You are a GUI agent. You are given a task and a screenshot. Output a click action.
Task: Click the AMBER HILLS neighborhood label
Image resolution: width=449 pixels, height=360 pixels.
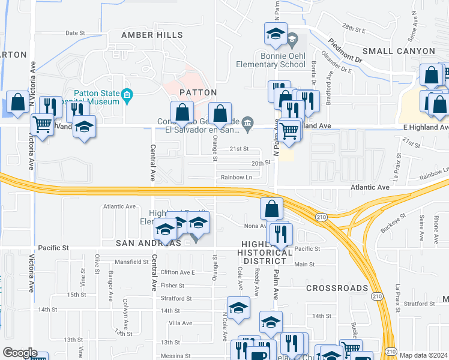(x=152, y=35)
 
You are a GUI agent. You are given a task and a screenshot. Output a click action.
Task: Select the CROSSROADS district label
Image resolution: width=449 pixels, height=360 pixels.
(x=337, y=288)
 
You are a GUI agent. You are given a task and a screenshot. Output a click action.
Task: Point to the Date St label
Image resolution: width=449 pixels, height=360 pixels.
(x=76, y=33)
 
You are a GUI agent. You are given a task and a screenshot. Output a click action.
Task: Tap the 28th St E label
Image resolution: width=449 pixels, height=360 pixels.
(x=354, y=28)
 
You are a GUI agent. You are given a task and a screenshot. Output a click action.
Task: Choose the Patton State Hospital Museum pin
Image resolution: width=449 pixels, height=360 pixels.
(x=127, y=95)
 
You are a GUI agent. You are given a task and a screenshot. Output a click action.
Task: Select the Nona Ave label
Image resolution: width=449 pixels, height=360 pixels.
(x=255, y=226)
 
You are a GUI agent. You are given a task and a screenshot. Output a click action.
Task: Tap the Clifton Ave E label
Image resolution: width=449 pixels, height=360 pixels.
(x=178, y=272)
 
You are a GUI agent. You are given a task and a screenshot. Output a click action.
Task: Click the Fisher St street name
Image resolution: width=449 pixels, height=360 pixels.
(x=172, y=286)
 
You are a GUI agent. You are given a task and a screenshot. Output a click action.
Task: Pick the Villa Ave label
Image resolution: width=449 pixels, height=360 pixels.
(x=181, y=323)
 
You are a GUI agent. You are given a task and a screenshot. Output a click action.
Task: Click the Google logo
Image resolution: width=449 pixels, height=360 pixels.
(x=20, y=353)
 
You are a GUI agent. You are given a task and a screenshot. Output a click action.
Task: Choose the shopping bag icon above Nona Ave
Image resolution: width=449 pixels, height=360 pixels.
(x=271, y=209)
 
